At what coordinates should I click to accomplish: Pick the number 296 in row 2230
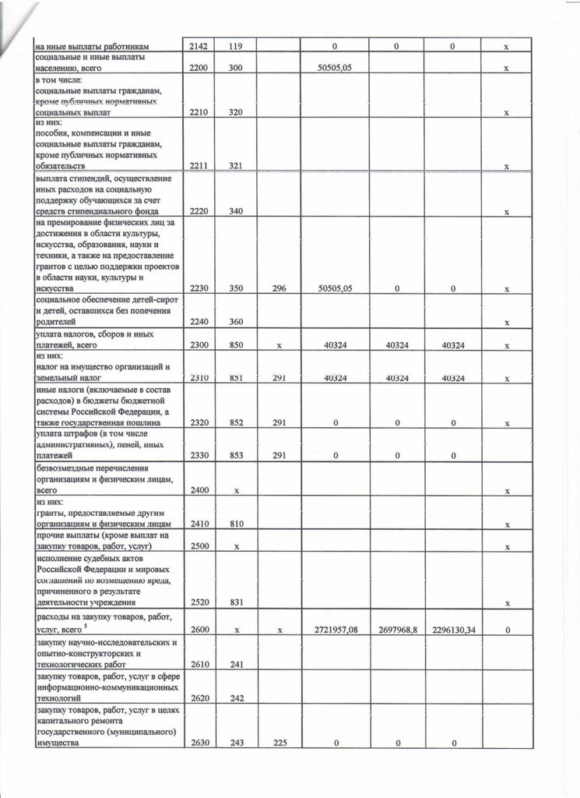click(279, 288)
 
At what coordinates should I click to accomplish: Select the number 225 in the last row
click(279, 743)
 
